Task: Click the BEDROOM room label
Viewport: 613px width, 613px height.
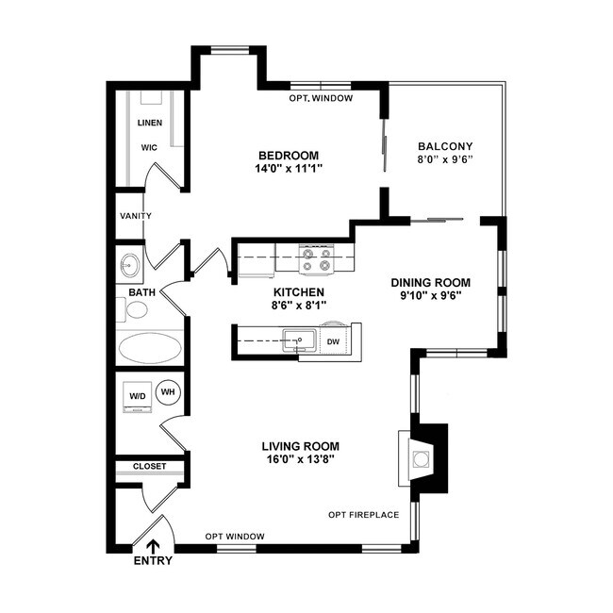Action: pos(289,156)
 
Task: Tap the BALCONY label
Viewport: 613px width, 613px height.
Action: pos(444,146)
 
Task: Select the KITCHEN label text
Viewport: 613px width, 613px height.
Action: pos(298,292)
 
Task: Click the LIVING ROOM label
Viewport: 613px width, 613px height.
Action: pos(300,446)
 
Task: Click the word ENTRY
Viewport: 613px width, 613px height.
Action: pos(153,562)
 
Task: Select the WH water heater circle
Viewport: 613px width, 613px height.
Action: pos(168,391)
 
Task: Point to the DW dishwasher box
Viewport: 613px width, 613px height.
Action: pos(333,341)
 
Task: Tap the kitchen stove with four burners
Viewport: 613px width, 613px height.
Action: pos(315,256)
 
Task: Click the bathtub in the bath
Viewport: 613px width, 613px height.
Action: pos(149,348)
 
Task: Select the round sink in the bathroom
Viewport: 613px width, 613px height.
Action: pos(130,265)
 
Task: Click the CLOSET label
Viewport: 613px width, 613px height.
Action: pos(149,466)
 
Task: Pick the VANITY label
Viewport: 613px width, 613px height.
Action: pos(136,216)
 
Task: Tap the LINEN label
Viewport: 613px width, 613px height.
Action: pos(149,123)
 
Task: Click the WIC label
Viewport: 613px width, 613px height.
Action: pos(149,148)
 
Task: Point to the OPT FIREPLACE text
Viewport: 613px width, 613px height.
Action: pos(363,515)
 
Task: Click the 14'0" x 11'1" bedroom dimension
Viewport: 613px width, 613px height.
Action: pos(289,171)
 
